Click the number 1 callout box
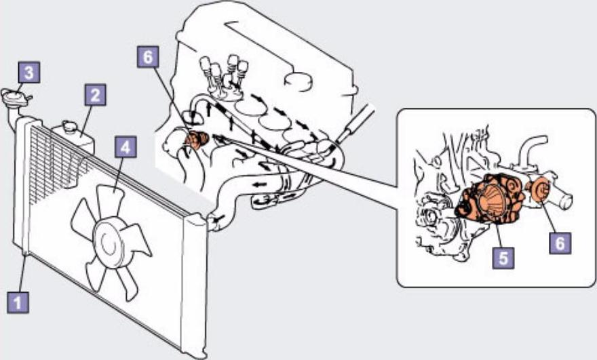point(18,302)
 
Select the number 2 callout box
point(96,94)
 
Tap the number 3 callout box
point(29,73)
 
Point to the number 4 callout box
point(126,146)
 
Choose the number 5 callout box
point(503,258)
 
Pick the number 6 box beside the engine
point(148,57)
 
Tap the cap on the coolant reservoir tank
point(69,127)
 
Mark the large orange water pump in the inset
point(490,198)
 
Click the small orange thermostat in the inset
point(539,189)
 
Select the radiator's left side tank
point(21,186)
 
